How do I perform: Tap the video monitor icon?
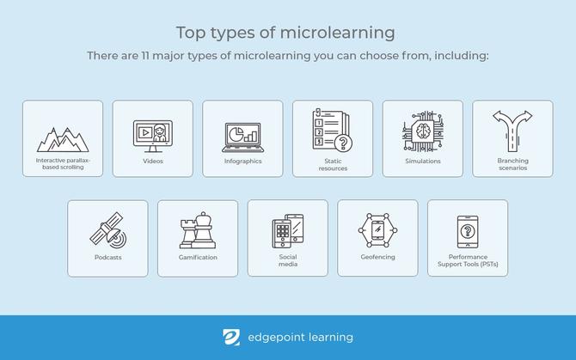pos(152,134)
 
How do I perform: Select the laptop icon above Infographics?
pos(242,134)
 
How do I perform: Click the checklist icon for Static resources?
pos(333,131)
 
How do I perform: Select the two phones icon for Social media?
pos(288,230)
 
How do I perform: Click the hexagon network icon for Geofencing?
pos(377,230)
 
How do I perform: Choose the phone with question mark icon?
pos(467,231)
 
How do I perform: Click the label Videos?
pos(152,161)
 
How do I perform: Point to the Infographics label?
pos(242,161)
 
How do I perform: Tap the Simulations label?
pos(422,161)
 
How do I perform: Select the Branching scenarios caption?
pos(512,164)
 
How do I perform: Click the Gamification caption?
pos(198,257)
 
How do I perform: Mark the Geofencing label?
pos(377,257)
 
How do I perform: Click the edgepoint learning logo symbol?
pos(231,338)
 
